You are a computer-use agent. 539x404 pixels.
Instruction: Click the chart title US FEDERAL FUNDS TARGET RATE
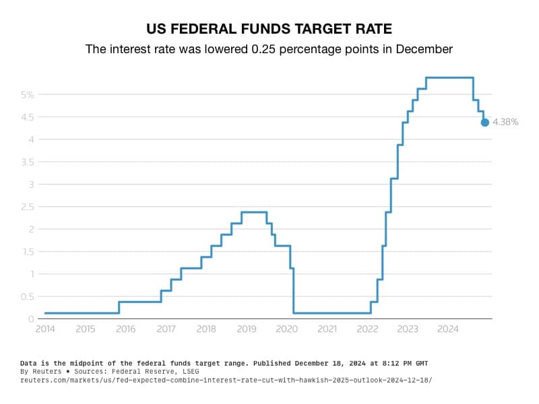point(269,29)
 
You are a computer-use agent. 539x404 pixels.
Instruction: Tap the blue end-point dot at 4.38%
point(484,122)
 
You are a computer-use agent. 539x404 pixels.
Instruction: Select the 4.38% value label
point(505,122)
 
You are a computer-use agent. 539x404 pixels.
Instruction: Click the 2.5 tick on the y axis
point(27,207)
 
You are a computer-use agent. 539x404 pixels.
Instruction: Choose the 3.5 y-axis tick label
point(27,162)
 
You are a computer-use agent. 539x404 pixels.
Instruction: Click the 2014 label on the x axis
point(45,329)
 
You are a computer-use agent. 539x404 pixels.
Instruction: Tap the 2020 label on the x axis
point(287,329)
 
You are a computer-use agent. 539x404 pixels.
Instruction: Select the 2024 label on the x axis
point(448,329)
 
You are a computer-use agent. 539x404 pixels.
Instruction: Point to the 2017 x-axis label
point(166,329)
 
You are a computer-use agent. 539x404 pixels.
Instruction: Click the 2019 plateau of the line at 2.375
point(253,212)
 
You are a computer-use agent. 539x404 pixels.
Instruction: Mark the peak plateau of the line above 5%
point(449,77)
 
